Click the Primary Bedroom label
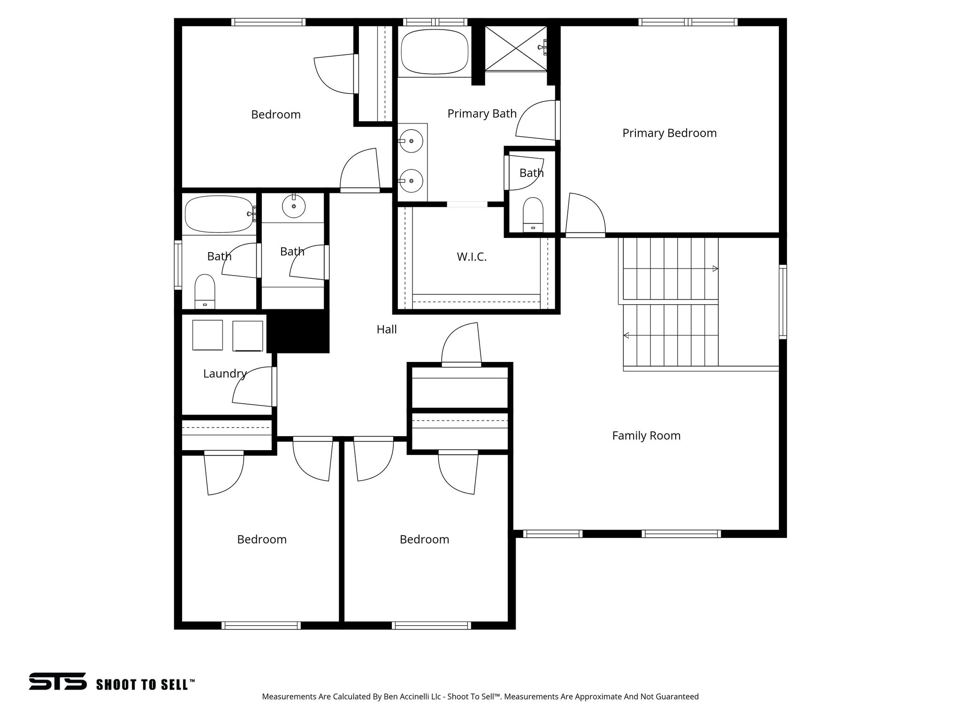pyautogui.click(x=669, y=133)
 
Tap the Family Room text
pyautogui.click(x=646, y=436)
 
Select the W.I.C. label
pyautogui.click(x=472, y=257)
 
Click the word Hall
pyautogui.click(x=387, y=330)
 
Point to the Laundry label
pyautogui.click(x=225, y=374)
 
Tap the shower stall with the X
pyautogui.click(x=516, y=48)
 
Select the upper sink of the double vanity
pyautogui.click(x=412, y=141)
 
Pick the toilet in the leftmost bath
pyautogui.click(x=205, y=291)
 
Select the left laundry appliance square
pyautogui.click(x=208, y=335)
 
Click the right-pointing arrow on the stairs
pyautogui.click(x=715, y=268)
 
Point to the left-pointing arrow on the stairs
pyautogui.click(x=626, y=335)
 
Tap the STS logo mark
pyautogui.click(x=58, y=681)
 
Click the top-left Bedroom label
pyautogui.click(x=275, y=115)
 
